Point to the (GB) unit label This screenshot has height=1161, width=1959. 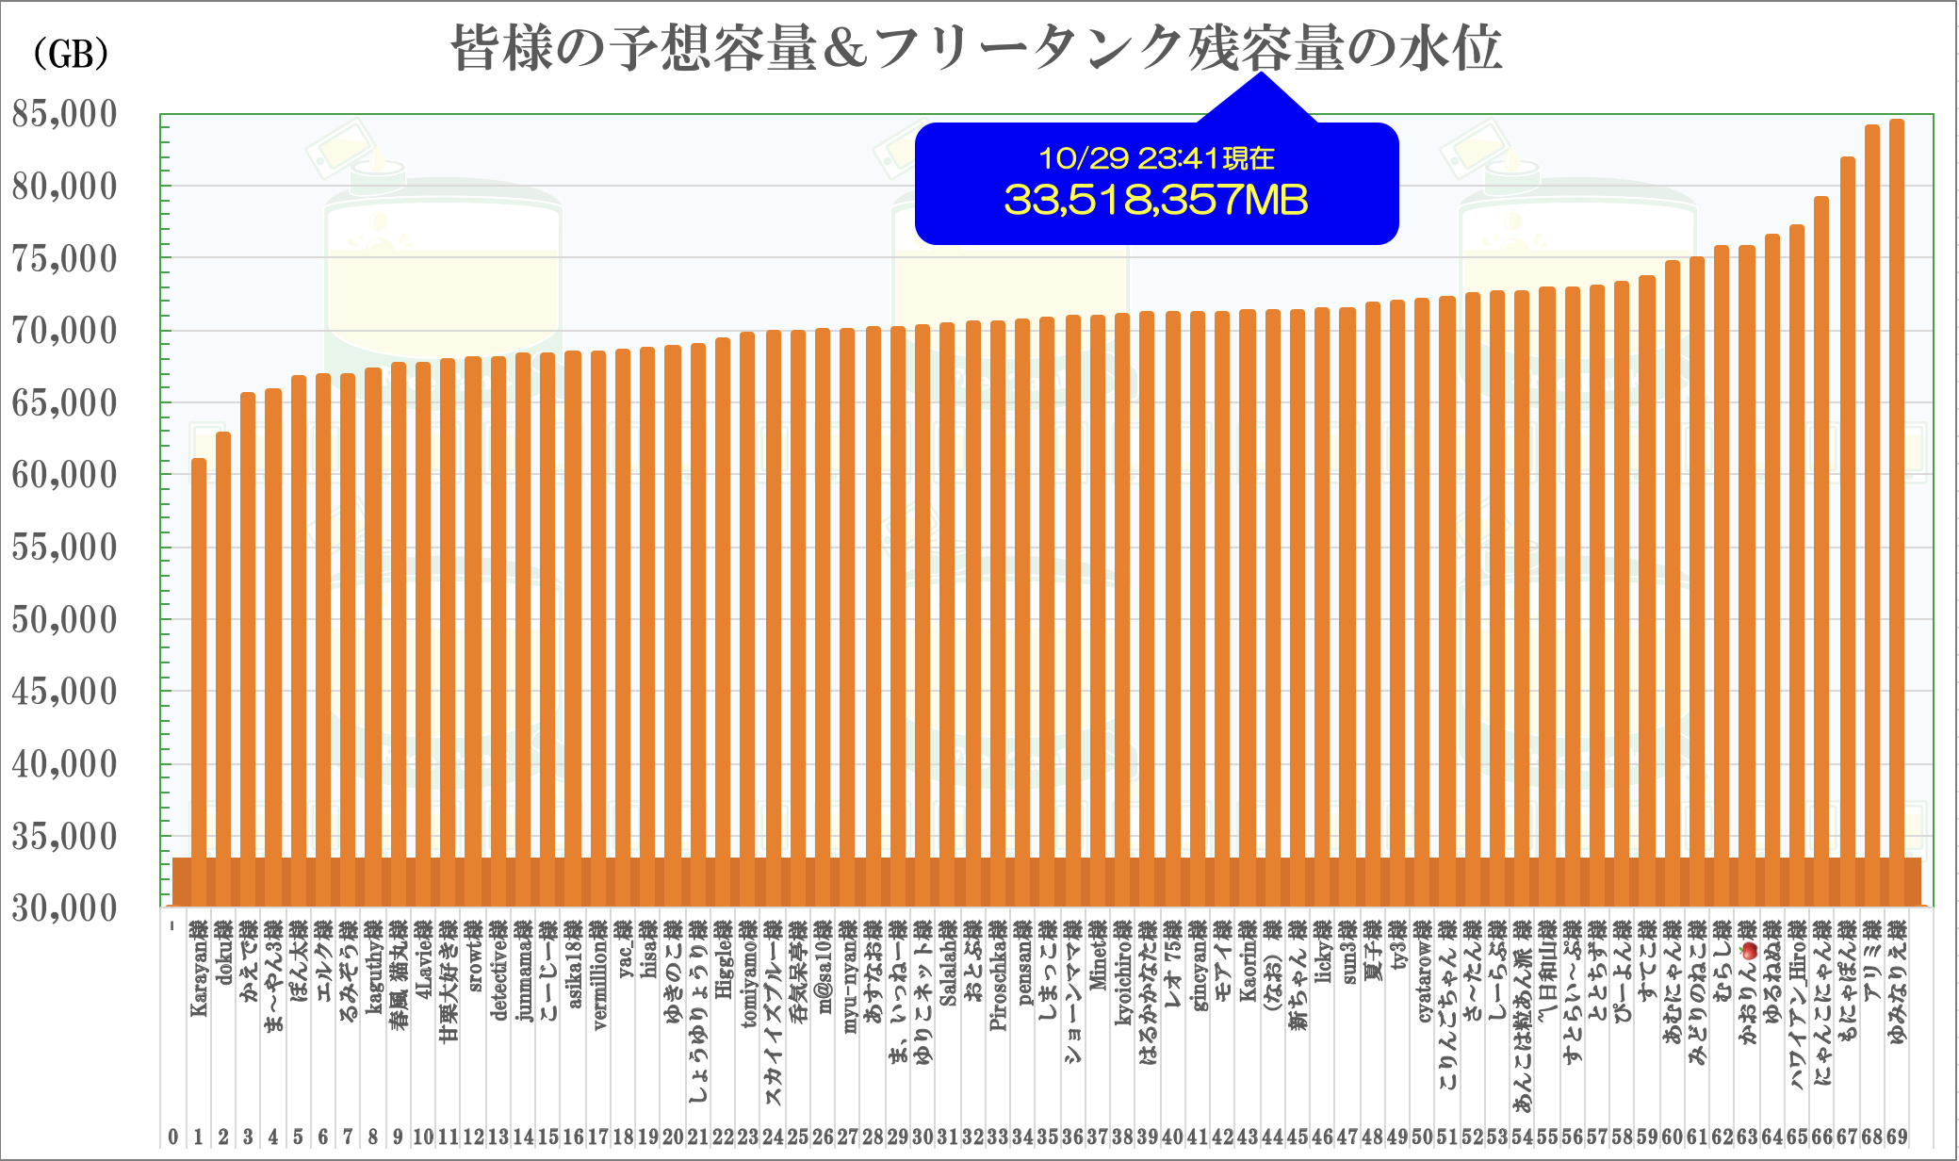tap(71, 54)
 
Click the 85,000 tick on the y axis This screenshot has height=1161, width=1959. tap(65, 114)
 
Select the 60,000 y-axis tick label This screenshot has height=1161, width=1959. tap(65, 475)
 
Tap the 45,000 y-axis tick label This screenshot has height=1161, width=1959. tap(65, 692)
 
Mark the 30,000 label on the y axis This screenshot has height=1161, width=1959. tap(65, 908)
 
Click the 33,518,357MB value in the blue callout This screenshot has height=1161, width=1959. tap(1156, 200)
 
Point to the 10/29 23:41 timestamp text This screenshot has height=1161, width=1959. tap(1156, 158)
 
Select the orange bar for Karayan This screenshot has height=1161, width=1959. tap(199, 679)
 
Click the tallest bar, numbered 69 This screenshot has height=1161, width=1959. tap(1897, 509)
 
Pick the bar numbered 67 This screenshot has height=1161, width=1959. tap(1848, 528)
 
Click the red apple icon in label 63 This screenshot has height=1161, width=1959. tap(1749, 951)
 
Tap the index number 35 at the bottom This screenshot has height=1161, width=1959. tap(1047, 1137)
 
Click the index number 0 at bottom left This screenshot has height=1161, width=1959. tap(173, 1137)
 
